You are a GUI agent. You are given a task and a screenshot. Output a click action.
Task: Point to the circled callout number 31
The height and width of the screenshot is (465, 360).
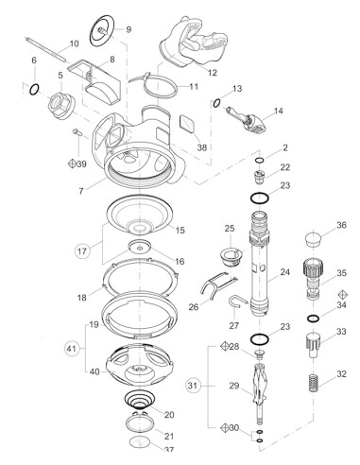pos(193,385)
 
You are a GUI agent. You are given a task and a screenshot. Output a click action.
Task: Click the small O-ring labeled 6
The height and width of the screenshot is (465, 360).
pos(35,91)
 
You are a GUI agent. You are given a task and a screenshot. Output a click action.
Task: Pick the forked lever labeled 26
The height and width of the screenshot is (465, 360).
pos(217,284)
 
